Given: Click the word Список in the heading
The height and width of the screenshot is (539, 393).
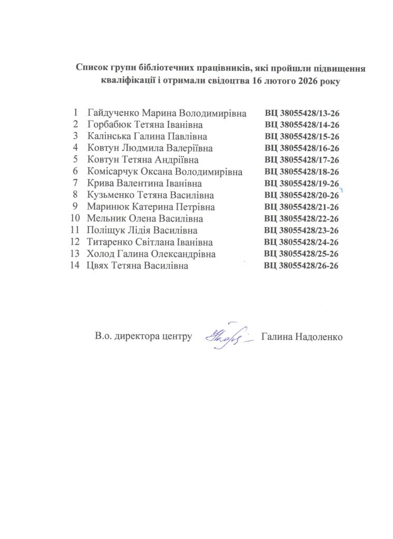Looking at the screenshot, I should pos(93,68).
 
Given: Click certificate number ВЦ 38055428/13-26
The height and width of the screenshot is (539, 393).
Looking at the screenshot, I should pos(301,114).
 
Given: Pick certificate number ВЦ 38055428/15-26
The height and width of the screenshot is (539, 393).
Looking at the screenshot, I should pos(301,137).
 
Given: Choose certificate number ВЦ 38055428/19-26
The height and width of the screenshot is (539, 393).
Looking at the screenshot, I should pos(301,184).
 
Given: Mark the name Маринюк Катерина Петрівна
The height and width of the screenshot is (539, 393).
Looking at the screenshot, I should pos(151,207).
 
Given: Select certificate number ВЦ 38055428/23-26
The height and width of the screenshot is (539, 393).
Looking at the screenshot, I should pos(301,231).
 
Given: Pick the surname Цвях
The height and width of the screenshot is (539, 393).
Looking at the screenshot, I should pos(97,266).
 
